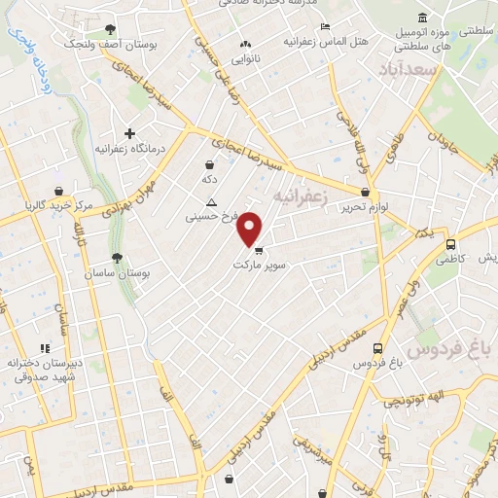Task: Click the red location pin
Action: pos(250,228)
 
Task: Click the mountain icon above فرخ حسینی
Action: pos(211,202)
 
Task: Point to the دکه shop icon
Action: pos(210,165)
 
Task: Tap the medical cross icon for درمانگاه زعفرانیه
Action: pos(129,133)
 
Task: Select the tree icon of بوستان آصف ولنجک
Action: pos(108,29)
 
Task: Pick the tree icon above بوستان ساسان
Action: pos(118,258)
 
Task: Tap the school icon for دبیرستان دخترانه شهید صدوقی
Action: pos(44,348)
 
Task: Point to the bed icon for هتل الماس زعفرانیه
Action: pos(325,26)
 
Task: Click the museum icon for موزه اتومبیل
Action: pos(421,18)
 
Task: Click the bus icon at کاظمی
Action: pos(450,244)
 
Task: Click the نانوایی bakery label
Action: pos(246,57)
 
